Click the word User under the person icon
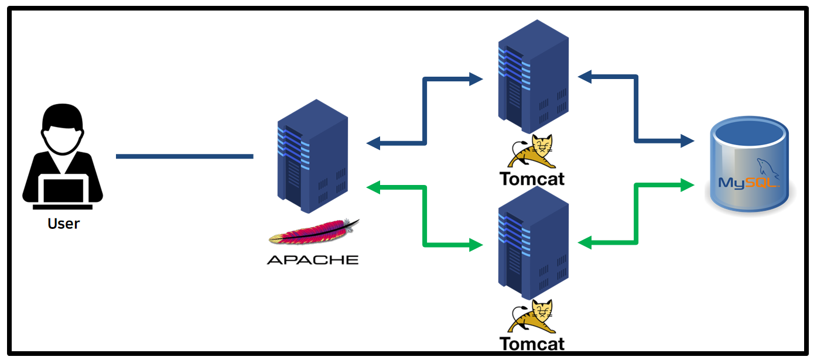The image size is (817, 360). [x=63, y=223]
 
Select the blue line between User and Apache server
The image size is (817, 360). [x=184, y=156]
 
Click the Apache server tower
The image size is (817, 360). [x=312, y=156]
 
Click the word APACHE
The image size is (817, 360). [x=312, y=259]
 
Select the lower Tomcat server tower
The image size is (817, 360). [x=533, y=243]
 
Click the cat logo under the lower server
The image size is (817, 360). [x=532, y=317]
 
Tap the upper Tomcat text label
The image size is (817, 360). [x=532, y=178]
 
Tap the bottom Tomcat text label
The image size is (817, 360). [x=532, y=344]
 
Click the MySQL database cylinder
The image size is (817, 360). [x=748, y=164]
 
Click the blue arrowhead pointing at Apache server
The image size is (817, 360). [x=373, y=142]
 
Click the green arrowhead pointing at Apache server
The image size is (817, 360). [x=373, y=187]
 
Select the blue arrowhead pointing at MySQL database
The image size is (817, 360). [x=688, y=140]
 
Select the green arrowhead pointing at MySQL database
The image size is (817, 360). [x=688, y=186]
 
